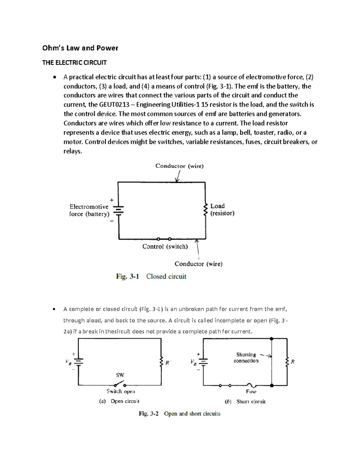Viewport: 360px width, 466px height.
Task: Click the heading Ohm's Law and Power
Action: (x=80, y=48)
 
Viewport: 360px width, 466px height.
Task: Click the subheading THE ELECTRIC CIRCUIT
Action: (x=74, y=63)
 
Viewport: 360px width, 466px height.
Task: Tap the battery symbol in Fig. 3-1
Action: (x=118, y=210)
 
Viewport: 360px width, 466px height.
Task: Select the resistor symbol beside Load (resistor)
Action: (x=205, y=209)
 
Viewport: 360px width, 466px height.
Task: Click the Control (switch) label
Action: (x=165, y=247)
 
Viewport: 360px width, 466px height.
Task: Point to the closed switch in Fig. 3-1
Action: (x=164, y=239)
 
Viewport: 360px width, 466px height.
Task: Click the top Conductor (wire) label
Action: (x=179, y=166)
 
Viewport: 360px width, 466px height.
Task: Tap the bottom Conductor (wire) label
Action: (x=198, y=264)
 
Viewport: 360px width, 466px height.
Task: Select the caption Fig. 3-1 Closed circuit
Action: (x=151, y=276)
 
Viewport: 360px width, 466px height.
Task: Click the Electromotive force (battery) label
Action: (x=89, y=210)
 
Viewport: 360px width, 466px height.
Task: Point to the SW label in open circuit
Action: (x=120, y=375)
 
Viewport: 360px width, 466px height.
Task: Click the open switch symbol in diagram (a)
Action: (x=120, y=384)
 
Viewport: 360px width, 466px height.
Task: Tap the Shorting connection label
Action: (x=246, y=358)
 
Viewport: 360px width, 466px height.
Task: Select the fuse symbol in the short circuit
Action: (x=251, y=385)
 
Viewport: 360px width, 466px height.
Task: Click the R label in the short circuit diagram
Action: (x=292, y=362)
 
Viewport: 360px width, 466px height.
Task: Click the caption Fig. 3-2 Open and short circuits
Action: (x=179, y=414)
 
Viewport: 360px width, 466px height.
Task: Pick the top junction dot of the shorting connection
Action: (x=271, y=339)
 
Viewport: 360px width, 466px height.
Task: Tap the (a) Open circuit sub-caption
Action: (x=119, y=401)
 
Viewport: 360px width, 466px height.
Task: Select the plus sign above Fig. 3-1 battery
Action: (x=112, y=200)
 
